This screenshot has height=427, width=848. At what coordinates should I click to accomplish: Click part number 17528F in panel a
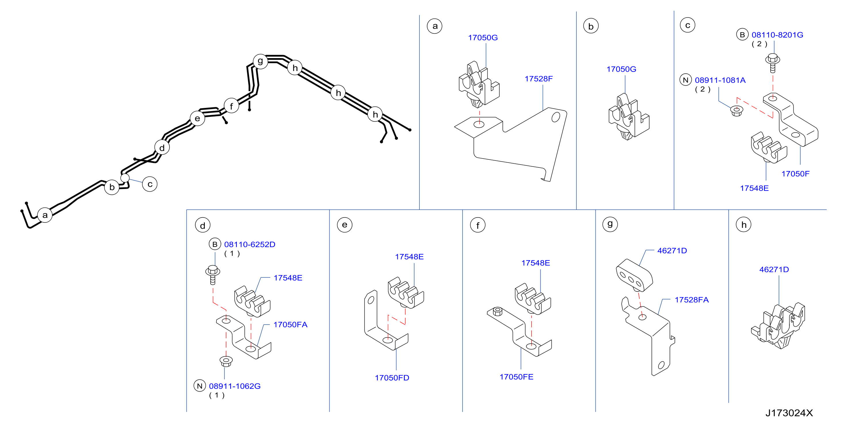click(x=538, y=79)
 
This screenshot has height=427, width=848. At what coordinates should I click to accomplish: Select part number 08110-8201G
click(x=777, y=35)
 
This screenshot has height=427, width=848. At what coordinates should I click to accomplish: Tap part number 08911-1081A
click(x=720, y=80)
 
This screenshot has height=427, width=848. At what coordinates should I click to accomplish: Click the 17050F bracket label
click(x=795, y=174)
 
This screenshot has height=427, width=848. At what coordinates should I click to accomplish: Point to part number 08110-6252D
click(x=249, y=245)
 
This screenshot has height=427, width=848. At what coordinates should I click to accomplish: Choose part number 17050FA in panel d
click(x=290, y=325)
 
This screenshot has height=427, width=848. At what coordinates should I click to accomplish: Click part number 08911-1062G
click(x=235, y=386)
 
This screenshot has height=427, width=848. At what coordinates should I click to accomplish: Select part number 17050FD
click(x=392, y=378)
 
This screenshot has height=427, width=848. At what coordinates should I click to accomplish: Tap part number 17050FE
click(x=516, y=377)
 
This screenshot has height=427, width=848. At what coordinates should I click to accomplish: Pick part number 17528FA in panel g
click(x=692, y=300)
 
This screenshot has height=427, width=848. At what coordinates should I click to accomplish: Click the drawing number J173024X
click(x=789, y=413)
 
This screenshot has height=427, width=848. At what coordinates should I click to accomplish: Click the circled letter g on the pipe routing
click(x=260, y=61)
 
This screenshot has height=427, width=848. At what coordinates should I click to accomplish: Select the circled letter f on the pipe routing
click(x=232, y=106)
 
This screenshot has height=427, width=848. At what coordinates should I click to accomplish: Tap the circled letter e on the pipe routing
click(x=198, y=118)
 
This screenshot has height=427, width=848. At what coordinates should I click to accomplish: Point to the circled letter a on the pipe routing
click(x=45, y=215)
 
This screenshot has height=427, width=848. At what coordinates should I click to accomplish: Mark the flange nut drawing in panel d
click(x=226, y=361)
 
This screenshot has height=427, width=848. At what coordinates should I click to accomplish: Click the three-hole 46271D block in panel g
click(x=634, y=276)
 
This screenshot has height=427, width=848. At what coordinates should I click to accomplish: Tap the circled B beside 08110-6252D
click(x=215, y=244)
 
